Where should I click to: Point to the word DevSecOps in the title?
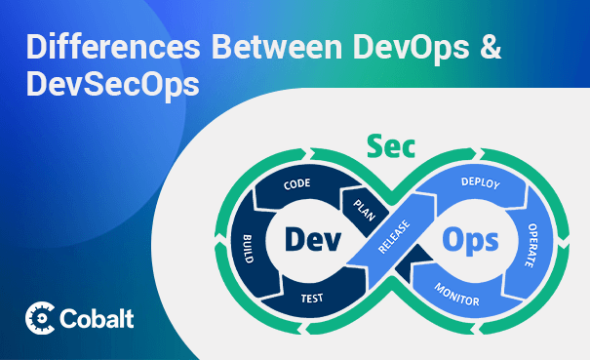112,84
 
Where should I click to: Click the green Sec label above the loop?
390,146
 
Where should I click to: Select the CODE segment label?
296,183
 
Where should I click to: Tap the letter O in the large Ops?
452,239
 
